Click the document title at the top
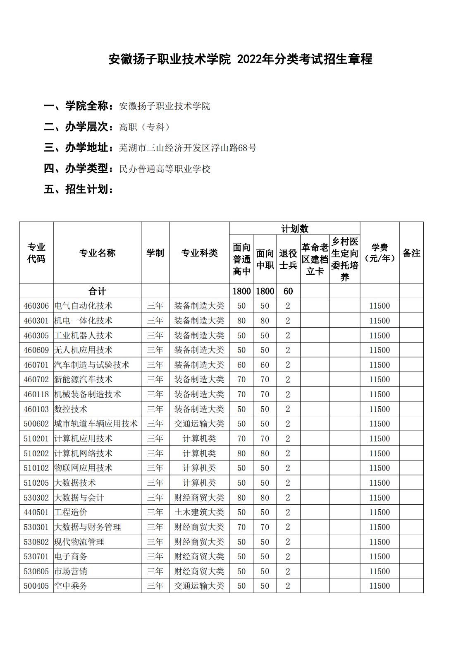click(240, 59)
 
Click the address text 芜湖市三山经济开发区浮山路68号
click(187, 148)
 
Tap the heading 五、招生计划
click(79, 189)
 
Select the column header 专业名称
click(97, 253)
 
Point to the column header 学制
click(155, 253)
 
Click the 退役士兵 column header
click(288, 259)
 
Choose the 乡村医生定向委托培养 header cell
click(344, 259)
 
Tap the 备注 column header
click(411, 253)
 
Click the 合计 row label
click(97, 291)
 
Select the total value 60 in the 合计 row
click(288, 291)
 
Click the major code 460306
click(36, 306)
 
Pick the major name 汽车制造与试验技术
click(92, 365)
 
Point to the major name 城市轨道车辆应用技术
click(96, 424)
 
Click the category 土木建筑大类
click(199, 512)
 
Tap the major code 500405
click(36, 586)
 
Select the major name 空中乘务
click(71, 586)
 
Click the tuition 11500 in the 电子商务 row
click(380, 556)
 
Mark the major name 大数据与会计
click(79, 498)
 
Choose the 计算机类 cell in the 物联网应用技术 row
click(199, 468)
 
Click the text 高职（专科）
click(144, 127)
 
